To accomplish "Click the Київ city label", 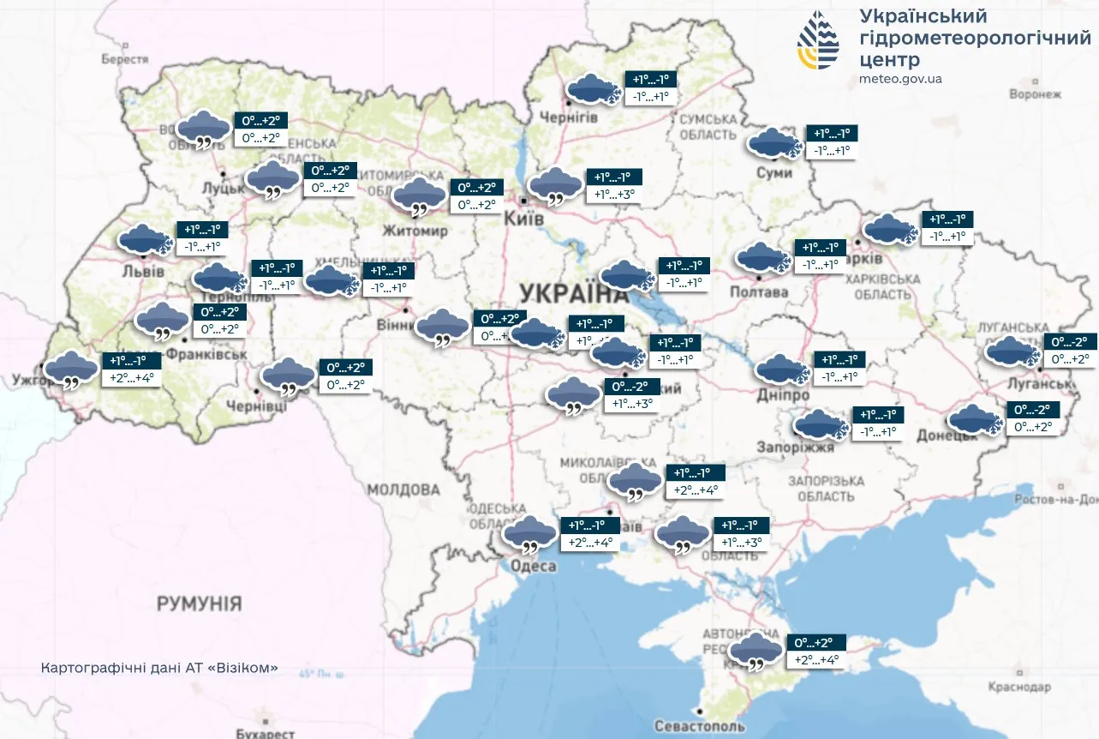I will [525, 219].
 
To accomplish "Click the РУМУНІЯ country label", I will [199, 604].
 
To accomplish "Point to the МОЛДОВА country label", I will [403, 490].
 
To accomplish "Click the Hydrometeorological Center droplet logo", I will [819, 41].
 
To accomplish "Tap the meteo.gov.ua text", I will [899, 79].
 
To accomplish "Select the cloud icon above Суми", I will [773, 143].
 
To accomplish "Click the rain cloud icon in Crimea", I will [756, 652].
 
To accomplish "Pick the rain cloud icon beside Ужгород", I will [71, 370].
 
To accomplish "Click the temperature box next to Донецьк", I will [1036, 418].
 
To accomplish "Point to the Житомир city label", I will [415, 231].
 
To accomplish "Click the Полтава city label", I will [758, 292].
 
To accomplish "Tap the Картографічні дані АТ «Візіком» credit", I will [159, 668].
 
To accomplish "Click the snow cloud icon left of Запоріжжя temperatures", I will [822, 424].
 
